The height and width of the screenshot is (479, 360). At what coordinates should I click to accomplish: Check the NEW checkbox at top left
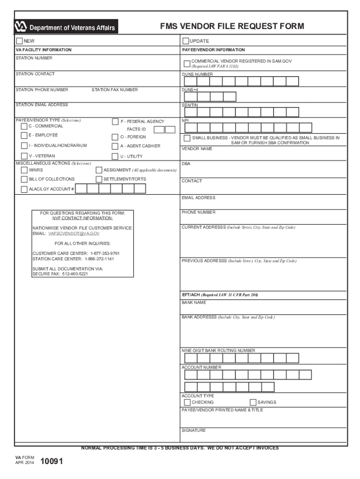pyautogui.click(x=19, y=41)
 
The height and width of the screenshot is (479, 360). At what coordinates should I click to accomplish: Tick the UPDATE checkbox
pyautogui.click(x=186, y=41)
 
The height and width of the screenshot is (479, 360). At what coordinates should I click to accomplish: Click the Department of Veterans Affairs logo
pyautogui.click(x=65, y=27)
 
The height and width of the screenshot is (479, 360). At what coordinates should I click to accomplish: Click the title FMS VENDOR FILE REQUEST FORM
pyautogui.click(x=232, y=26)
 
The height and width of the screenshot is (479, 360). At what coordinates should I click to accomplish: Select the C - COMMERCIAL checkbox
pyautogui.click(x=24, y=126)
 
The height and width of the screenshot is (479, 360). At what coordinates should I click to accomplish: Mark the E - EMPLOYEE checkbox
pyautogui.click(x=24, y=136)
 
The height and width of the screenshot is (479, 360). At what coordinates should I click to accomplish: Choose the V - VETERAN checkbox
pyautogui.click(x=24, y=156)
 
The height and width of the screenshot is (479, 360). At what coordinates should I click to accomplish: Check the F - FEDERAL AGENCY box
pyautogui.click(x=115, y=122)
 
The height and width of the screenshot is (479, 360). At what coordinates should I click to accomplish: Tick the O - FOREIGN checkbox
pyautogui.click(x=115, y=137)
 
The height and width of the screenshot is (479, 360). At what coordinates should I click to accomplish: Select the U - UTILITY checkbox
pyautogui.click(x=115, y=157)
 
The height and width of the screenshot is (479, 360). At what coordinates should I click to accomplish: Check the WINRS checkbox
pyautogui.click(x=24, y=170)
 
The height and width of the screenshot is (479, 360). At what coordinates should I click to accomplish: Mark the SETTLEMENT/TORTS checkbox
pyautogui.click(x=99, y=179)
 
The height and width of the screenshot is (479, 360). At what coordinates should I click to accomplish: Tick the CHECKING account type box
pyautogui.click(x=187, y=402)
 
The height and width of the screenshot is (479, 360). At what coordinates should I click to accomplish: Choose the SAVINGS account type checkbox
pyautogui.click(x=253, y=402)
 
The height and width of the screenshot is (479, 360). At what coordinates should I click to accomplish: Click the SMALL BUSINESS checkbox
pyautogui.click(x=187, y=138)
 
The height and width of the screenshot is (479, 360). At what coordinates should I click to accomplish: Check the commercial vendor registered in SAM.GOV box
pyautogui.click(x=187, y=63)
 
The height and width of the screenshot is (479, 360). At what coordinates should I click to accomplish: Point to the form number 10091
pyautogui.click(x=51, y=462)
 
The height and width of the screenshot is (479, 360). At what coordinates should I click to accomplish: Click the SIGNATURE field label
pyautogui.click(x=194, y=430)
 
